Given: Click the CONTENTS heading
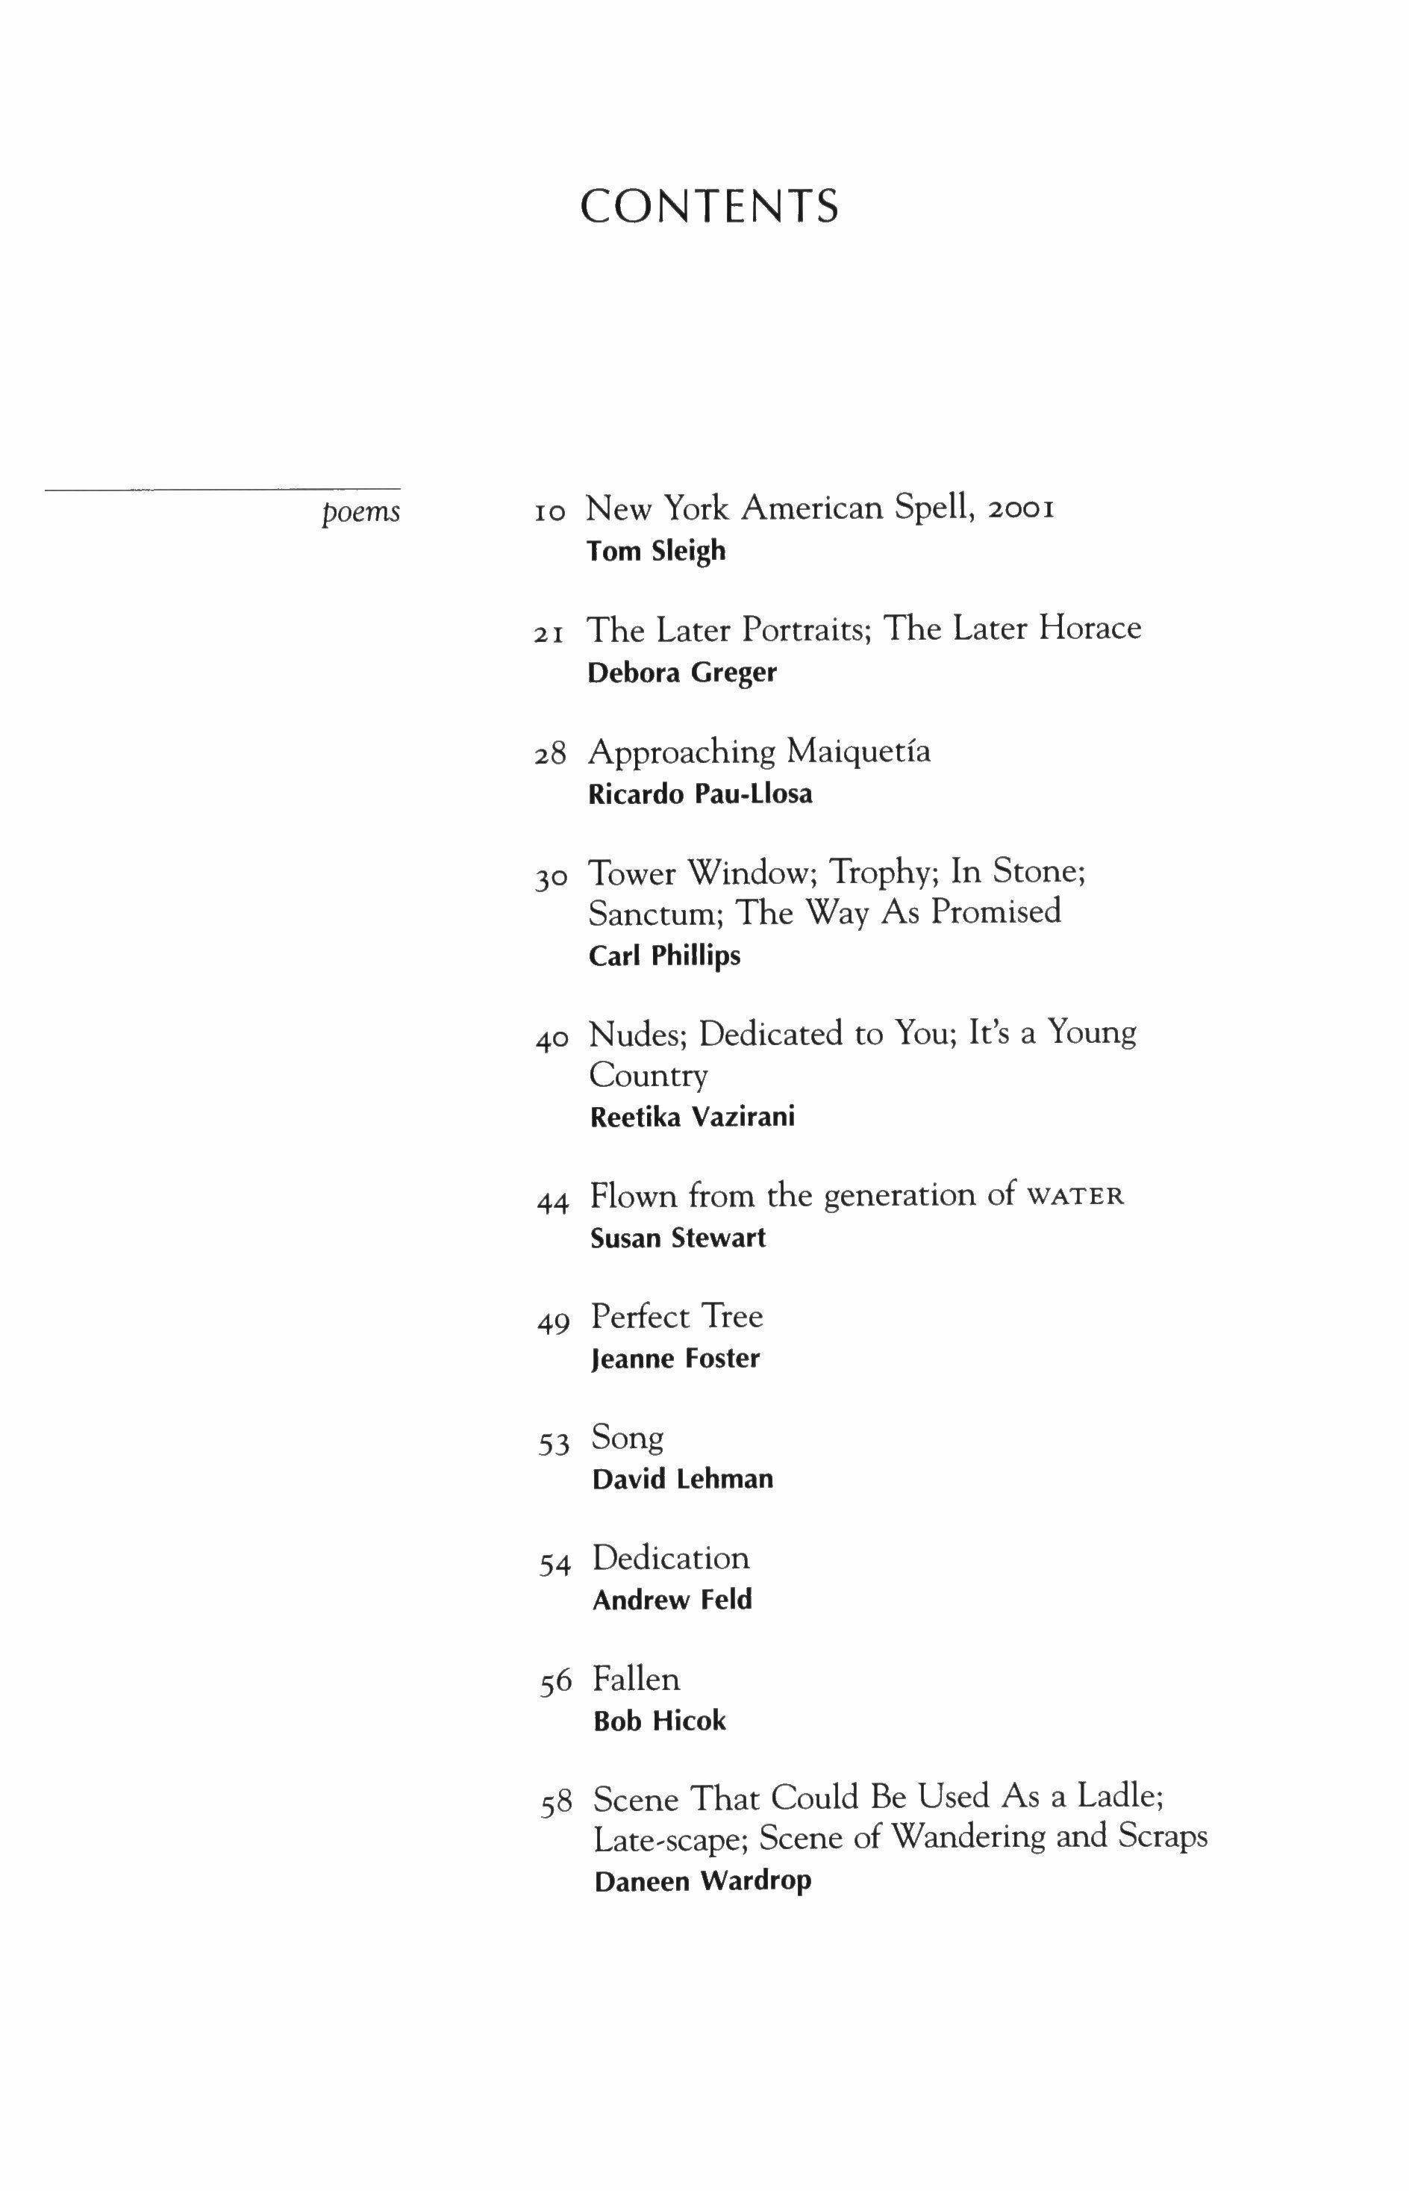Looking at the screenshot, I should (x=709, y=206).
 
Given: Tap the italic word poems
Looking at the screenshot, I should (x=360, y=511).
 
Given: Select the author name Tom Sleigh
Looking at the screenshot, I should (x=656, y=551).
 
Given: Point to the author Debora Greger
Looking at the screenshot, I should (x=681, y=673).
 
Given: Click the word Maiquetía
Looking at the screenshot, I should (x=858, y=752).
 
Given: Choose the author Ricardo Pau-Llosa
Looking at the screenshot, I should (x=700, y=794).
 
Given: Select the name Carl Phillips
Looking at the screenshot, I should (x=664, y=956).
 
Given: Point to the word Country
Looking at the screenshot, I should (x=648, y=1076).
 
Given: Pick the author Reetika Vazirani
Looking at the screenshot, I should (x=693, y=1118).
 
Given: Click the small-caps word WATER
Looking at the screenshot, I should (x=1075, y=1197).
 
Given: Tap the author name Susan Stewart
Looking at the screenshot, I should (x=678, y=1238).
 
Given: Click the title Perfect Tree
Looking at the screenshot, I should (x=676, y=1317).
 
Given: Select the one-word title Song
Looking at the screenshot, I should (x=628, y=1438).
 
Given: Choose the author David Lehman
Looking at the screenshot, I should (x=683, y=1479).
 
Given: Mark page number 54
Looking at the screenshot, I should (x=554, y=1565).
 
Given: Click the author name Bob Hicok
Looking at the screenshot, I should (x=659, y=1721).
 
